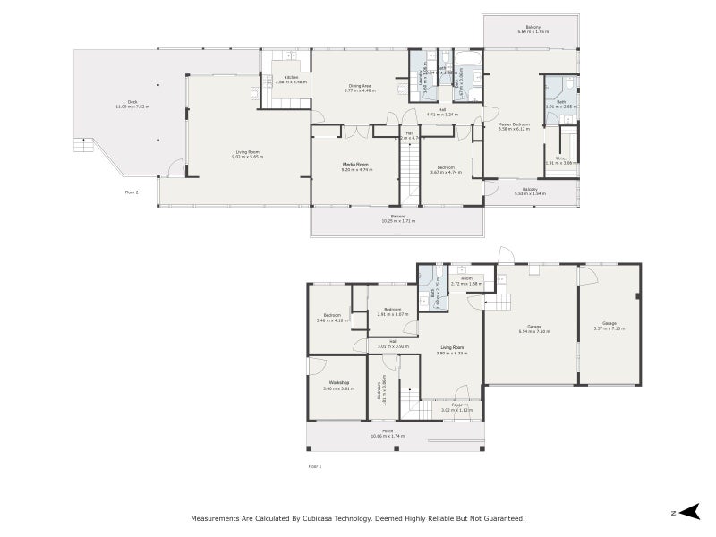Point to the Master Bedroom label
coord(514,126)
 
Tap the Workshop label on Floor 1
coord(338,385)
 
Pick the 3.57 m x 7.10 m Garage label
coord(609,325)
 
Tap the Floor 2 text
coord(132,192)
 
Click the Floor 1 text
coord(314,466)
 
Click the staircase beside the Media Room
coord(410,175)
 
